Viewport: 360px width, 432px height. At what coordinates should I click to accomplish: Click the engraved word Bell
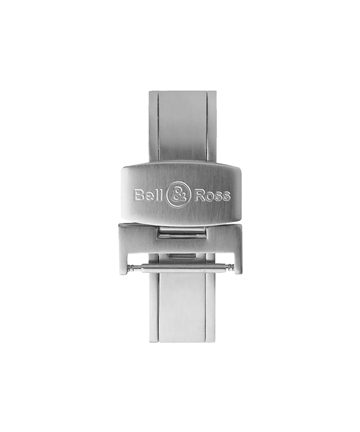tap(150, 195)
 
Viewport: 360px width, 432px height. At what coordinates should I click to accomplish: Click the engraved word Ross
tap(212, 196)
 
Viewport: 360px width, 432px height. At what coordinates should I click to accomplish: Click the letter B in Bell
tap(138, 195)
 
